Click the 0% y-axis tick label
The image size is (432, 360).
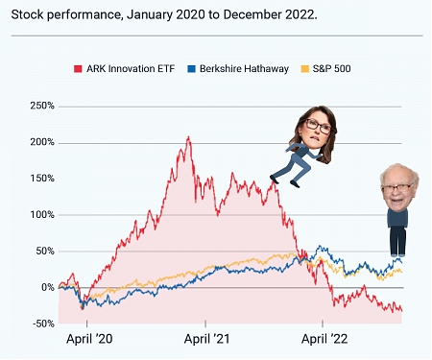(x=47, y=287)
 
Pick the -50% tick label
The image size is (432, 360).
(x=41, y=324)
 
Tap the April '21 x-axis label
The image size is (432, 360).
(x=206, y=339)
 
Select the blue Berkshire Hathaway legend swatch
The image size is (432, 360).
(x=190, y=69)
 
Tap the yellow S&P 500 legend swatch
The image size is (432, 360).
(x=305, y=69)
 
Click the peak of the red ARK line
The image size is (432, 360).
(x=188, y=138)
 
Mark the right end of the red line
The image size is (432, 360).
(x=401, y=309)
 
